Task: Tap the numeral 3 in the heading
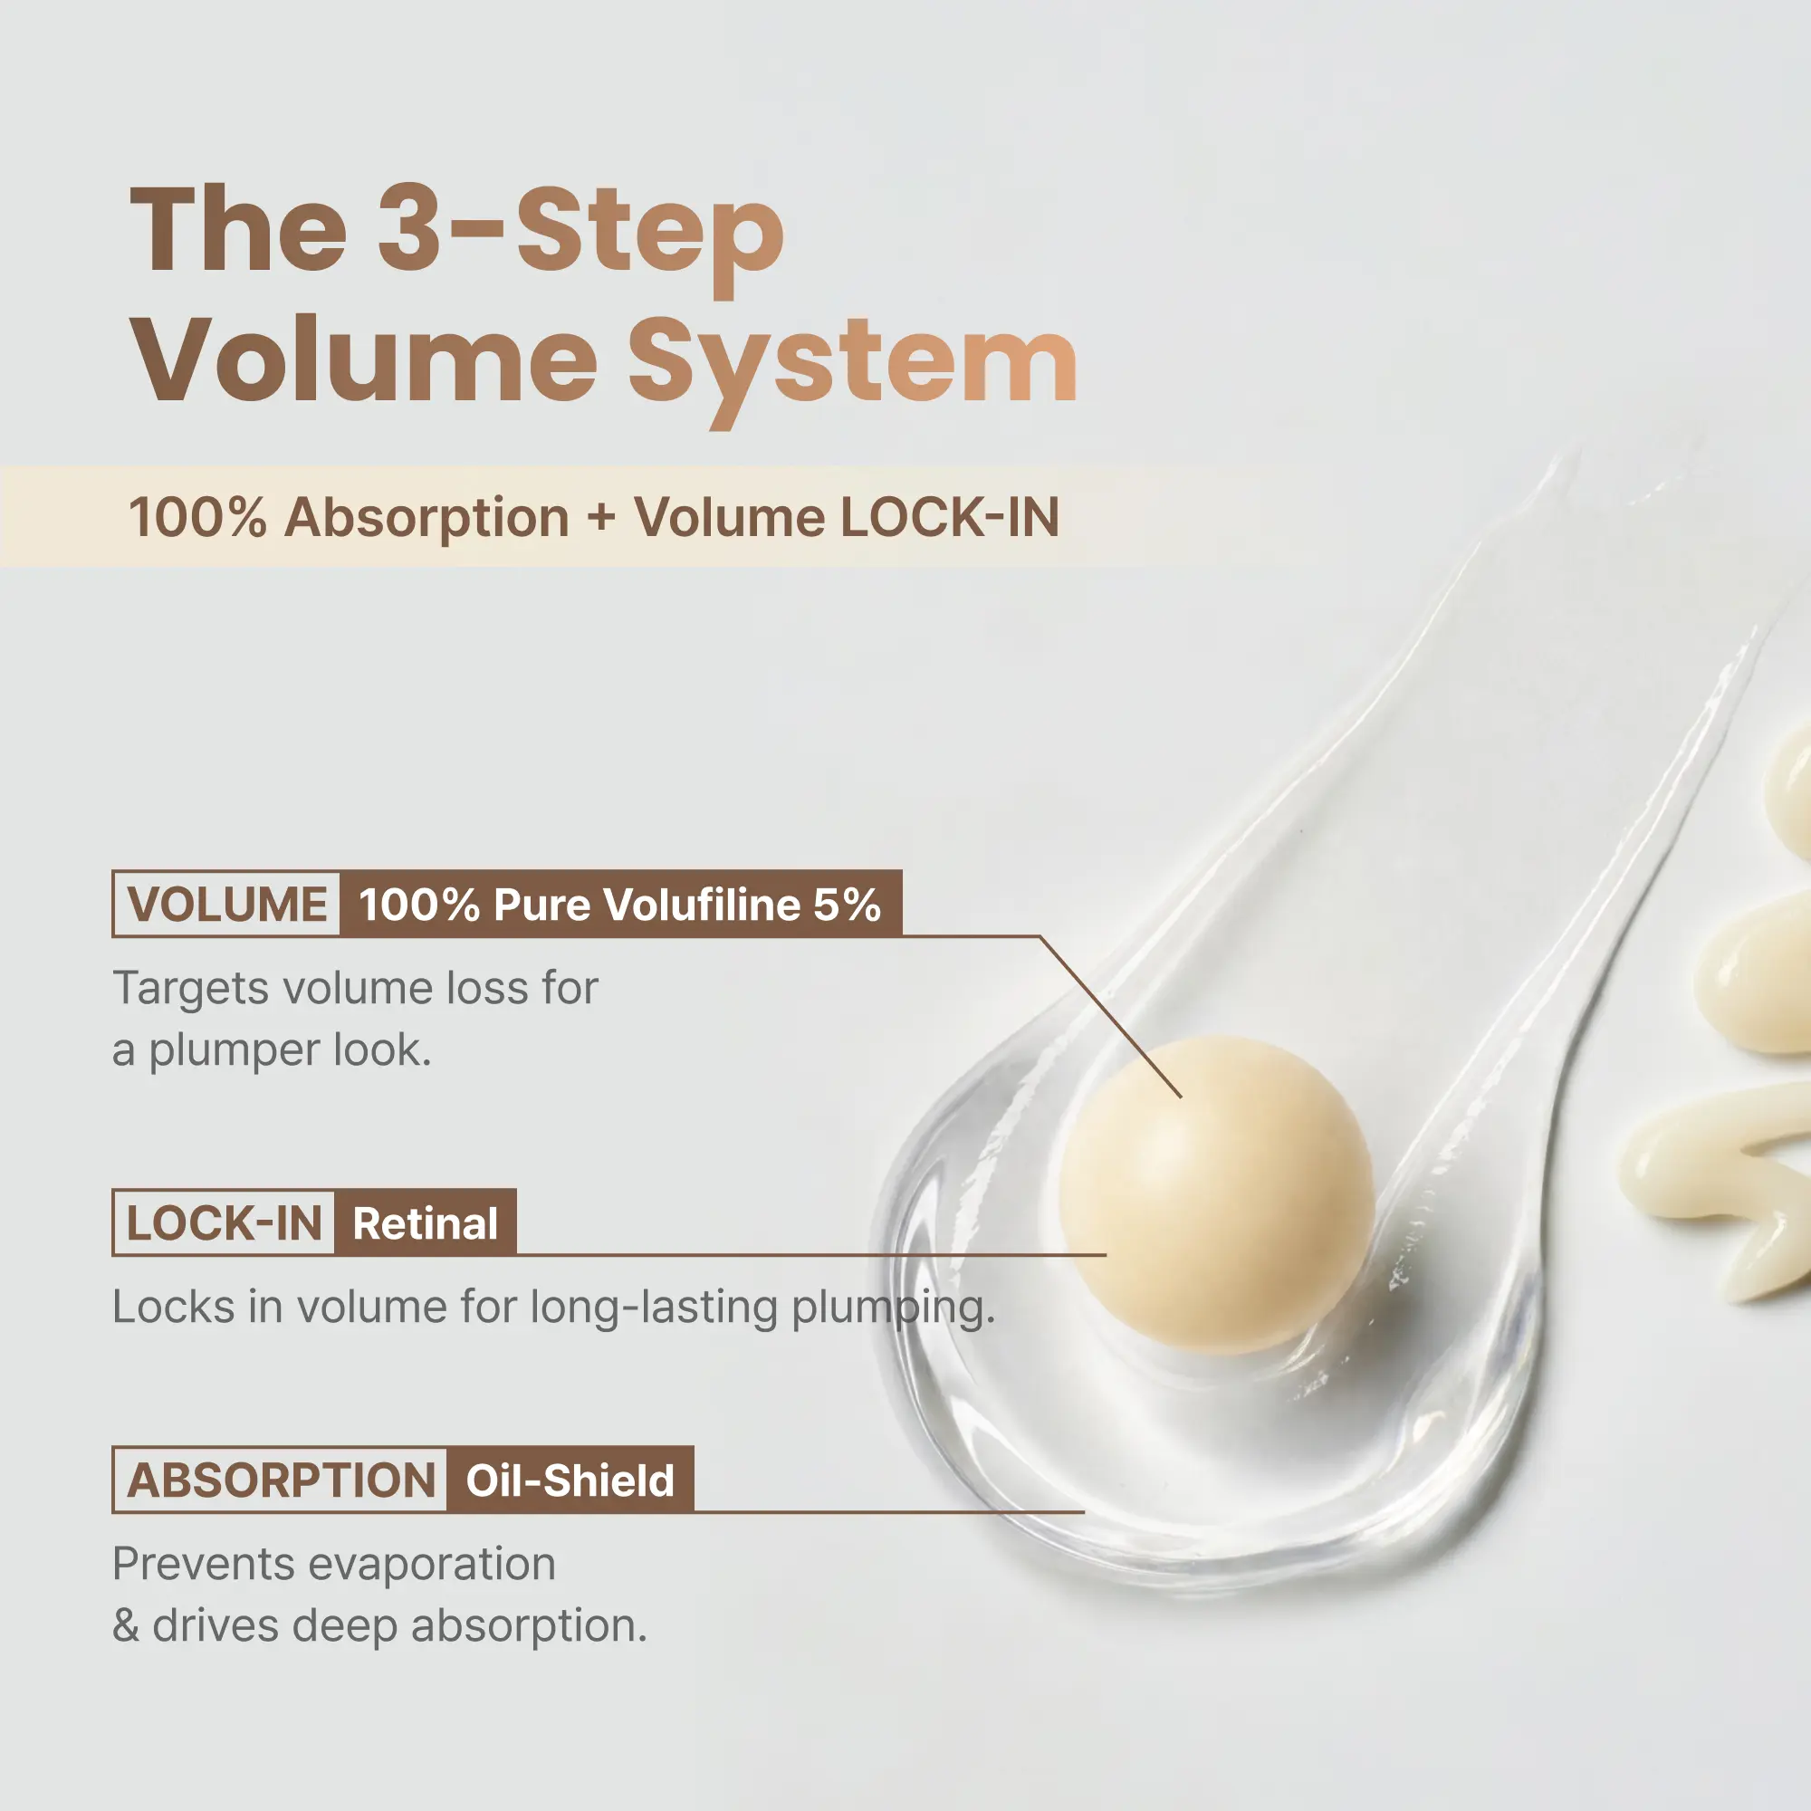coord(409,228)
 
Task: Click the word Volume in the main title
coord(364,358)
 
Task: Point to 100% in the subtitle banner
coord(197,517)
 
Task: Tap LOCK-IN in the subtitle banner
coord(950,517)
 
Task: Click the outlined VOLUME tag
coord(225,904)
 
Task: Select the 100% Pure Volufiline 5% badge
coord(620,904)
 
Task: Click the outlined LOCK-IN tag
coord(223,1222)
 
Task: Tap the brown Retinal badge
coord(426,1222)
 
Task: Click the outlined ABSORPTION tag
coord(279,1480)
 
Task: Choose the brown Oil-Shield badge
coord(570,1480)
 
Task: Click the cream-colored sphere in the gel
coord(1217,1194)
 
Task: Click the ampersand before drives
coord(126,1626)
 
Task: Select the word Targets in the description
coord(191,990)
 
